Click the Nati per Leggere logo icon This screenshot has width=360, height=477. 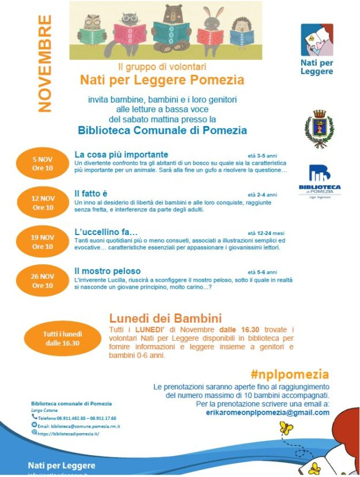[x=317, y=40]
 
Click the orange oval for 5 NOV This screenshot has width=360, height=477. [x=43, y=163]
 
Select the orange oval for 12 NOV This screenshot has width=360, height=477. [x=43, y=202]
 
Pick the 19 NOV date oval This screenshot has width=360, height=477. [x=43, y=241]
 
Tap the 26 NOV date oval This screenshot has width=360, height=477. [x=43, y=281]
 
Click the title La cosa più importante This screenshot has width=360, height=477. [x=122, y=154]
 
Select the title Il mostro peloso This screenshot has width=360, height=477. [x=107, y=271]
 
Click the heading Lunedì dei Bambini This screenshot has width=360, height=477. [x=165, y=318]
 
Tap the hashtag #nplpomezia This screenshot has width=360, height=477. [x=290, y=374]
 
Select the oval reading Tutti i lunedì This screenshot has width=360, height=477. [x=63, y=338]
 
